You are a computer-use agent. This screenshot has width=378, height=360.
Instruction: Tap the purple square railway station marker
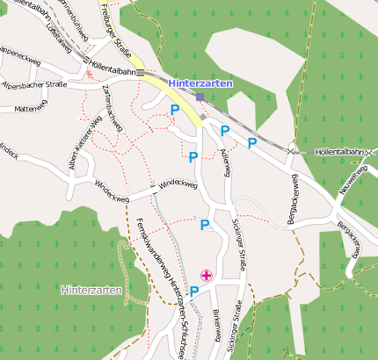200,97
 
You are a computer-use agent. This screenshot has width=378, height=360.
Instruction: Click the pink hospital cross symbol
207,276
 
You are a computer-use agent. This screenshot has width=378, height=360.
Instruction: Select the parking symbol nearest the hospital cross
194,291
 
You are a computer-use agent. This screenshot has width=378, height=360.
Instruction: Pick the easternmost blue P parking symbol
252,142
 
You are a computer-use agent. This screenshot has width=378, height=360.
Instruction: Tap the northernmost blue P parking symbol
174,110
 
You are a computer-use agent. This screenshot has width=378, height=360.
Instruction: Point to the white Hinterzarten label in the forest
92,289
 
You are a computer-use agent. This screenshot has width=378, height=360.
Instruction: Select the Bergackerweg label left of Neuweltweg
295,198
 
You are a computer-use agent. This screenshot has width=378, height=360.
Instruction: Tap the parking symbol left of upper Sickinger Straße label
205,225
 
